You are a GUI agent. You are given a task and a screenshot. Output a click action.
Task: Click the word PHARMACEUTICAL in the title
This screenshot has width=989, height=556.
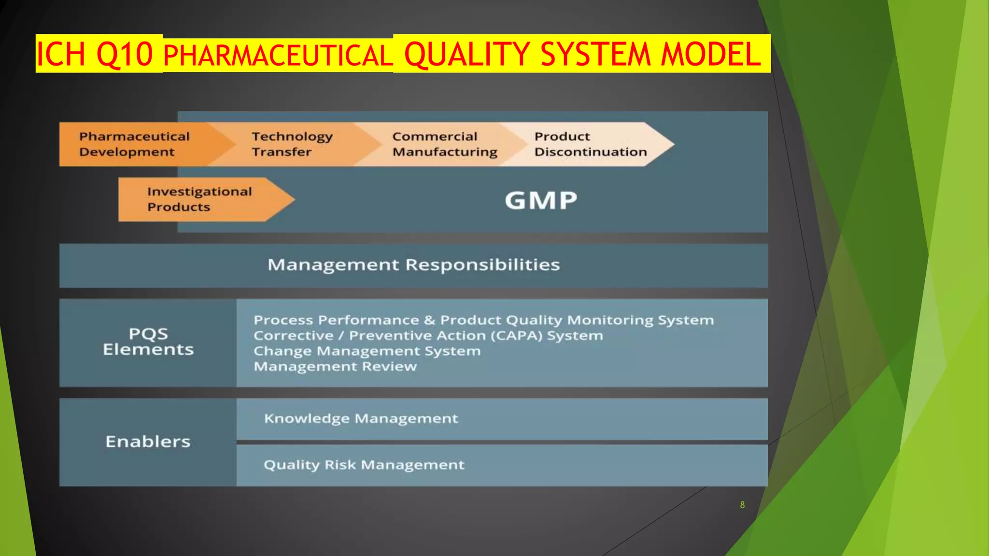(278, 55)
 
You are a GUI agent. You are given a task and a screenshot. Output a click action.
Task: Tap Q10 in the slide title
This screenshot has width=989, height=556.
(125, 54)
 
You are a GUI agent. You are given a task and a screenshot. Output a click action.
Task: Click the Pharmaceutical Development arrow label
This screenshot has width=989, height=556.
(134, 144)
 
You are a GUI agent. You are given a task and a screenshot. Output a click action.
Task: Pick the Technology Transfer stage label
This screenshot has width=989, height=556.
(292, 144)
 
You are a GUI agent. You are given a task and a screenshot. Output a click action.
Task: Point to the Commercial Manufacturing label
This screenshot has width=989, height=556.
(444, 144)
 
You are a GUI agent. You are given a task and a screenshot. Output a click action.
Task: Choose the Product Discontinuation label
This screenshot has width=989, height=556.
(590, 144)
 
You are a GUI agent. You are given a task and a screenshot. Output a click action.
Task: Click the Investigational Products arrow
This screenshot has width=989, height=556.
(199, 199)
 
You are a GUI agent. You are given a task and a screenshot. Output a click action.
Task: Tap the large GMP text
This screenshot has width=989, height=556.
(541, 200)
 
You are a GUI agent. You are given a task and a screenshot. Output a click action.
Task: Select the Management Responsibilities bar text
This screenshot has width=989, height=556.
(413, 265)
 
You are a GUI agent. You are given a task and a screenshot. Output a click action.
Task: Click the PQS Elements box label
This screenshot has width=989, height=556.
(148, 342)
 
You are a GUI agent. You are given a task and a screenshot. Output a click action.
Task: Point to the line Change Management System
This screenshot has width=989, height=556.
(367, 351)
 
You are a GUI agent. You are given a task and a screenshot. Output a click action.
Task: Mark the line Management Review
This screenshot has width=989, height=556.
(335, 366)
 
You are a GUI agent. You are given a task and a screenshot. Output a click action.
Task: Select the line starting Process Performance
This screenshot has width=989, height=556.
(483, 320)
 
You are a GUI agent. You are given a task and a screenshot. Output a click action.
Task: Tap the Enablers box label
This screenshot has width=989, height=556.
(148, 442)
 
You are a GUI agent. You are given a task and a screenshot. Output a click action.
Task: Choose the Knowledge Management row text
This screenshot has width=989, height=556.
(361, 418)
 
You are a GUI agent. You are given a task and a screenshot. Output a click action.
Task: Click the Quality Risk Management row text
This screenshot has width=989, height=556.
(364, 465)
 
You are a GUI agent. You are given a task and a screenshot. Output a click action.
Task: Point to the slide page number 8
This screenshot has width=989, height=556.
(742, 505)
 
